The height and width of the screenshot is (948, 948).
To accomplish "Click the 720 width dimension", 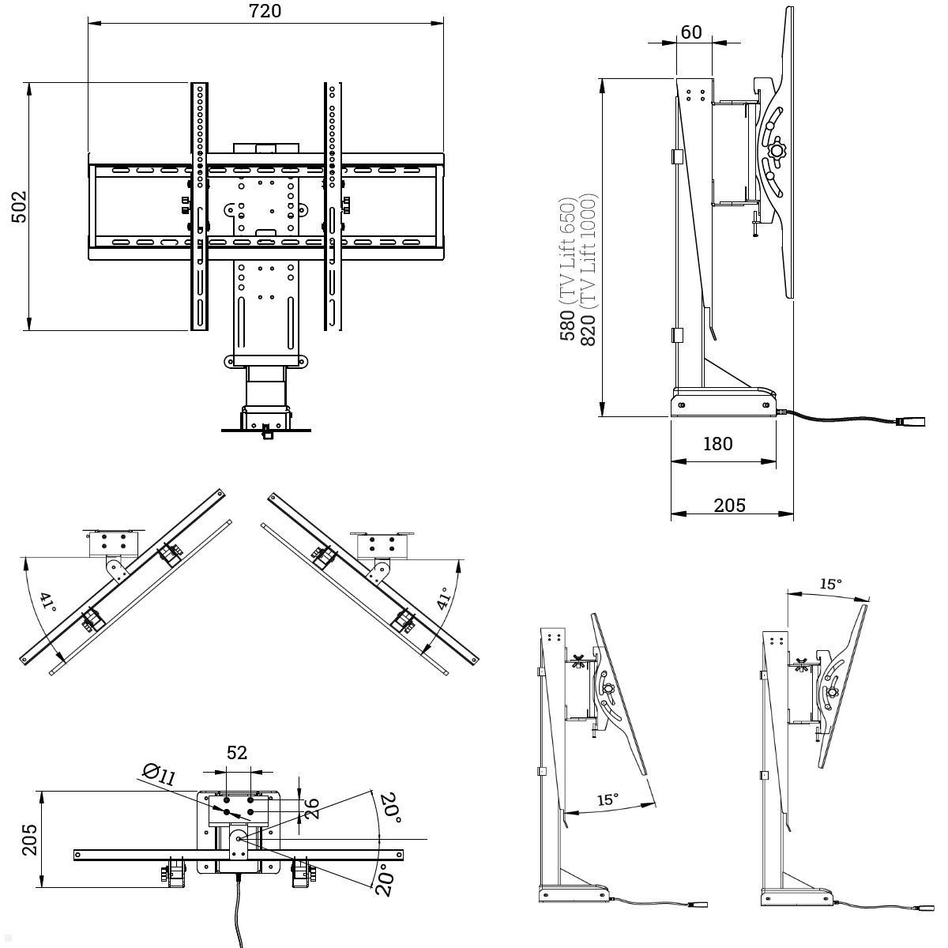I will tap(265, 11).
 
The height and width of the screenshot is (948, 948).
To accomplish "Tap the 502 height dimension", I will tap(18, 207).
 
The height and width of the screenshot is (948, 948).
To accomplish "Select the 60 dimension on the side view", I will tap(691, 32).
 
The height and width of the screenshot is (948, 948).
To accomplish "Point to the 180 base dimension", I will tap(717, 443).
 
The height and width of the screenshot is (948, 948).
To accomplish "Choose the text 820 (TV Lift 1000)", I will tap(588, 269).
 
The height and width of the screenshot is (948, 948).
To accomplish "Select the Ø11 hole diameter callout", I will tap(159, 774).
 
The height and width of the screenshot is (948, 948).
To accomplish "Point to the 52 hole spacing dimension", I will tap(237, 753).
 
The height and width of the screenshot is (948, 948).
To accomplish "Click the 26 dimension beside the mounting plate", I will tap(312, 807).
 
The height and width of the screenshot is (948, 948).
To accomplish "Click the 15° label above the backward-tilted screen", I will tap(829, 584).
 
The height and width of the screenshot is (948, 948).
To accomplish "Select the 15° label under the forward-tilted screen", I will tap(606, 799).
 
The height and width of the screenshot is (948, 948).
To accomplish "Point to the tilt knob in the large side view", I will tap(777, 149).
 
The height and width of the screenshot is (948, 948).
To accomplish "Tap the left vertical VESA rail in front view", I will tap(199, 205).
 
